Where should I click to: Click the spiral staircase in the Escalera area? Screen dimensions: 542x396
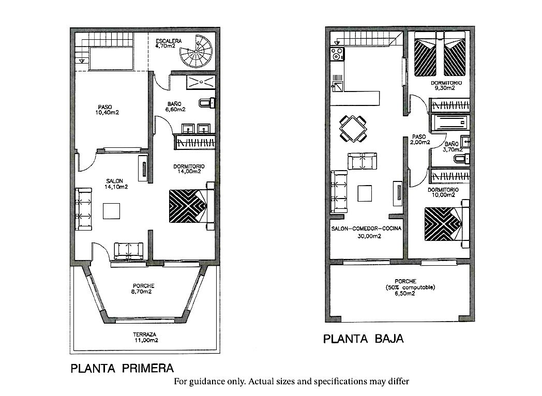[x=196, y=51]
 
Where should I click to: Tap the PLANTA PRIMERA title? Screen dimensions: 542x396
[x=122, y=369]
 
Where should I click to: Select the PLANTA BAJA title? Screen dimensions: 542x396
[x=363, y=339]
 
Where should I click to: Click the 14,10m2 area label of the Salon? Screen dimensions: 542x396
[x=116, y=187]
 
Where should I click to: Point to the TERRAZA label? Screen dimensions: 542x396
[x=144, y=334]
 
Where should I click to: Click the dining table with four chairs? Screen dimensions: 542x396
[x=353, y=129]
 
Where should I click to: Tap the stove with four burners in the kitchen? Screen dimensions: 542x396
[x=337, y=55]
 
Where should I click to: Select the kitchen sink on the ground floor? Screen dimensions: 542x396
[x=337, y=83]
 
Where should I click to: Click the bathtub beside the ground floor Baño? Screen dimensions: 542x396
[x=449, y=123]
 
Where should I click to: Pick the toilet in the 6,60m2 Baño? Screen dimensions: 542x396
[x=207, y=103]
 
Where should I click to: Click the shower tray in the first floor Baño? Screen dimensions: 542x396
[x=201, y=82]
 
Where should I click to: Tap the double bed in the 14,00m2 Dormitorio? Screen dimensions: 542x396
[x=192, y=206]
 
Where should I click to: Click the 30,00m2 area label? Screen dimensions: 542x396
[x=369, y=236]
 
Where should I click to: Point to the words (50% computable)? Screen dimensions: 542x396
[x=410, y=287]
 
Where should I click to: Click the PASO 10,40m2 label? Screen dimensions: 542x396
[x=107, y=110]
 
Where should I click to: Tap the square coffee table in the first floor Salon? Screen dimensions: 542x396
[x=111, y=211]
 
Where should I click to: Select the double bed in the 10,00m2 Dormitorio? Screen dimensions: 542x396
[x=446, y=223]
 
